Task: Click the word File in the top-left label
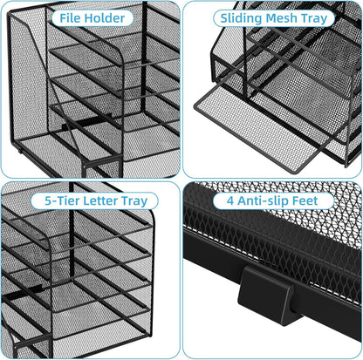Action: [x=72, y=17]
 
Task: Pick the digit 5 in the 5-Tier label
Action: [x=48, y=200]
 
